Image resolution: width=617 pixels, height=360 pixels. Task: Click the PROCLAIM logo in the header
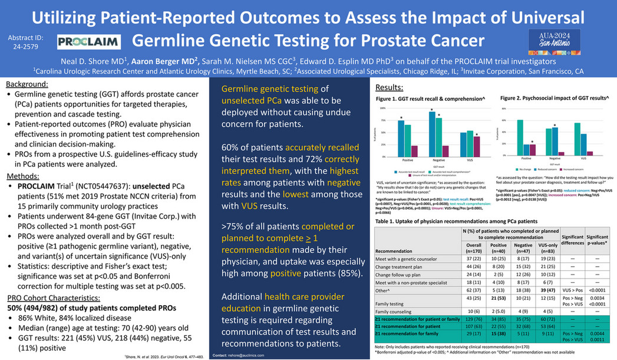[89, 41]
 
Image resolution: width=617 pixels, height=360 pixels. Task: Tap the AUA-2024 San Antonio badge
[550, 38]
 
